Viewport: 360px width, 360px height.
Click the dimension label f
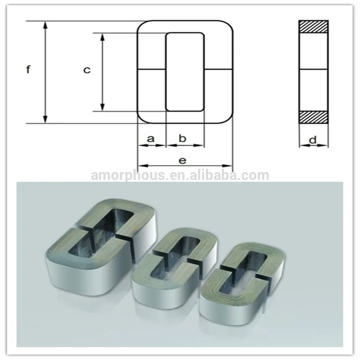pyautogui.click(x=28, y=69)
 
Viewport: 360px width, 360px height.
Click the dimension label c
pyautogui.click(x=87, y=70)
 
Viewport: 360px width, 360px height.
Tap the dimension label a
pyautogui.click(x=151, y=138)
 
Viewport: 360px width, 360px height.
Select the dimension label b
pyautogui.click(x=183, y=138)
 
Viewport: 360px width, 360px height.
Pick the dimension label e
pyautogui.click(x=183, y=160)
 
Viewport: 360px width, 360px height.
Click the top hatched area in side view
pyautogui.click(x=313, y=27)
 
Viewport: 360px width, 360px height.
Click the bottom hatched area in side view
pyautogui.click(x=313, y=117)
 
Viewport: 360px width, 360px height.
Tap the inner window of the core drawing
pyautogui.click(x=185, y=72)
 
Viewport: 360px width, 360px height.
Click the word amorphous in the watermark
pyautogui.click(x=127, y=175)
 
